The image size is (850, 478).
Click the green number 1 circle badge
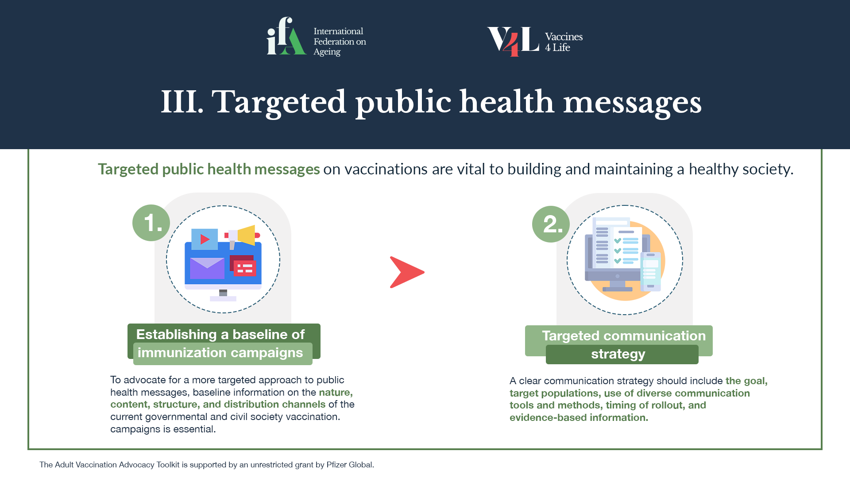tap(151, 223)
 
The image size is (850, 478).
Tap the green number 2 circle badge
tap(551, 224)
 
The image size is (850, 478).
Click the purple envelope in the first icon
tap(207, 268)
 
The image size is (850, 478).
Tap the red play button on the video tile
tap(205, 239)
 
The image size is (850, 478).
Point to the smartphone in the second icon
tap(650, 271)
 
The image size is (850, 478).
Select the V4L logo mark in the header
tap(513, 41)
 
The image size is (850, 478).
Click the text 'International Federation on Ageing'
tap(340, 42)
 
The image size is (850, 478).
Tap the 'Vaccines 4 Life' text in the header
tap(564, 42)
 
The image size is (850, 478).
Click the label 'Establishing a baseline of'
tap(220, 335)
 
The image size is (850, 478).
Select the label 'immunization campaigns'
tap(220, 353)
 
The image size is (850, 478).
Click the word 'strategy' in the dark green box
tap(618, 354)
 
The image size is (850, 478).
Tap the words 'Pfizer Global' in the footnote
tap(350, 465)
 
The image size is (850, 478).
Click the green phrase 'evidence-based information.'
tap(579, 417)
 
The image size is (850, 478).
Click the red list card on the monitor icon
tap(245, 268)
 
